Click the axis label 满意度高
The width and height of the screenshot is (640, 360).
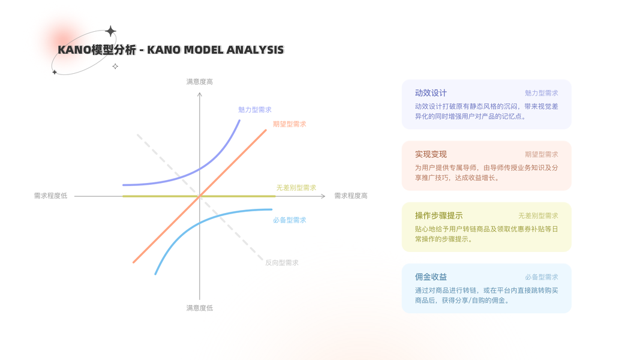(200, 82)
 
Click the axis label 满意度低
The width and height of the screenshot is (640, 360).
(200, 308)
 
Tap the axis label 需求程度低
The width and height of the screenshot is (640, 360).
(50, 196)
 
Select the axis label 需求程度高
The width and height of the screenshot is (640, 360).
(351, 196)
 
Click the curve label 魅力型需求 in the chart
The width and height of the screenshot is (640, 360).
(255, 110)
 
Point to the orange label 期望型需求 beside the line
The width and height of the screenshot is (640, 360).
(289, 124)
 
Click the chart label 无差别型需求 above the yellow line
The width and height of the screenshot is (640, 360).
(296, 188)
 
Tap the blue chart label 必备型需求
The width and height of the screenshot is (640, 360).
(289, 220)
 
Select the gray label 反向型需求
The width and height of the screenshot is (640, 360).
(282, 262)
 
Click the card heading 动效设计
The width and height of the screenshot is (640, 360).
(431, 93)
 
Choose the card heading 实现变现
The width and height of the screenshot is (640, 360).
(431, 154)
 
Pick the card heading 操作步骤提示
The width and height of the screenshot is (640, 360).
(439, 215)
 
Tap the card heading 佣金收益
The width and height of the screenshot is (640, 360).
(431, 277)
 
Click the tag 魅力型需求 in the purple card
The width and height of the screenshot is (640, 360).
(541, 93)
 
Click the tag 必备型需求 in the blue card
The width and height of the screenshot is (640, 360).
(541, 277)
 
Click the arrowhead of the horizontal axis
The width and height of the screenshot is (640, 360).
(324, 196)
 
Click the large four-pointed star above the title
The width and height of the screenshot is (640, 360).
(110, 31)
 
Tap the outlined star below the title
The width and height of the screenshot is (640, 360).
(115, 66)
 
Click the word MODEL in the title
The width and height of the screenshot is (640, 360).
(203, 50)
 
